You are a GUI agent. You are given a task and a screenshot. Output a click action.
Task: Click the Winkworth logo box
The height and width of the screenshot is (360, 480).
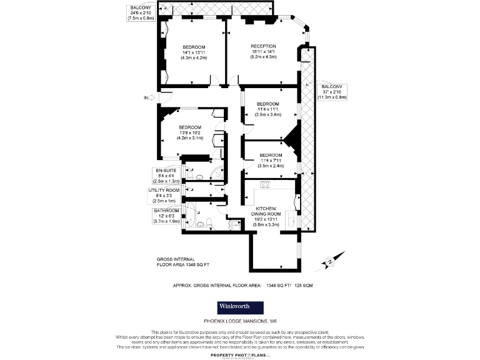[240, 307]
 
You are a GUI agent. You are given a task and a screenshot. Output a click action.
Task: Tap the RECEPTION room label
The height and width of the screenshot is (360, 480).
[263, 47]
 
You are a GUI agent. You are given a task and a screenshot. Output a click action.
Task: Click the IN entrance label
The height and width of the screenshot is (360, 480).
[146, 98]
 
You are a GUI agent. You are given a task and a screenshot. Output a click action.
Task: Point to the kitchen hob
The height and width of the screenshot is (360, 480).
[264, 184]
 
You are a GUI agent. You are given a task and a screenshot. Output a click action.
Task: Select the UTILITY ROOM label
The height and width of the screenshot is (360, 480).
[164, 190]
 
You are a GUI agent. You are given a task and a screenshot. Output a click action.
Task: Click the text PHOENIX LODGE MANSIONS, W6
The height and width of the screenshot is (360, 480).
[240, 321]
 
